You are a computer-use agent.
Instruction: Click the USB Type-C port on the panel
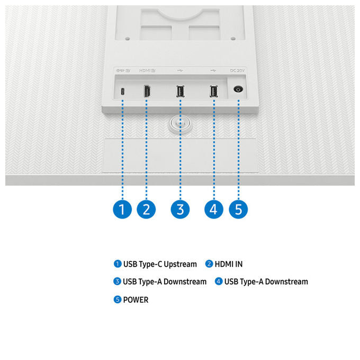click(123, 92)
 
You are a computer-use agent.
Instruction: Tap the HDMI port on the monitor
click(147, 91)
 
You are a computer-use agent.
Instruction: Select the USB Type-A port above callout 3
click(180, 91)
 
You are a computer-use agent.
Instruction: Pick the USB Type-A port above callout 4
click(214, 91)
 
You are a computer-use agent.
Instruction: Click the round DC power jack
click(238, 89)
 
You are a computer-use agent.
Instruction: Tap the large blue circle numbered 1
click(122, 210)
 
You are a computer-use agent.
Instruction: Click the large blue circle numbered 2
click(146, 210)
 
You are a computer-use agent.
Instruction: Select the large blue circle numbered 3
click(180, 210)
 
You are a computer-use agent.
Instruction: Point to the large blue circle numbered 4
click(214, 210)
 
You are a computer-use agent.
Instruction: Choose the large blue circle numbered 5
click(238, 210)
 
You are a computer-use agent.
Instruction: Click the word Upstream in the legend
click(180, 265)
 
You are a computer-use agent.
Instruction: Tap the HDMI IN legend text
click(229, 264)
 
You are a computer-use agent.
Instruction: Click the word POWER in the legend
click(136, 300)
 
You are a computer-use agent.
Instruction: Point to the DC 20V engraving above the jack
click(237, 70)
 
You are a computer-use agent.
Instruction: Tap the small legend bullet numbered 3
click(118, 281)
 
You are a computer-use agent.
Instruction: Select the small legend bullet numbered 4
click(219, 281)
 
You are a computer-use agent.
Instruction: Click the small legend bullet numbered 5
click(118, 300)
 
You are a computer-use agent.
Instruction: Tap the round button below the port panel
click(180, 124)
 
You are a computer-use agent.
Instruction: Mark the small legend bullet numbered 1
click(118, 264)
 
